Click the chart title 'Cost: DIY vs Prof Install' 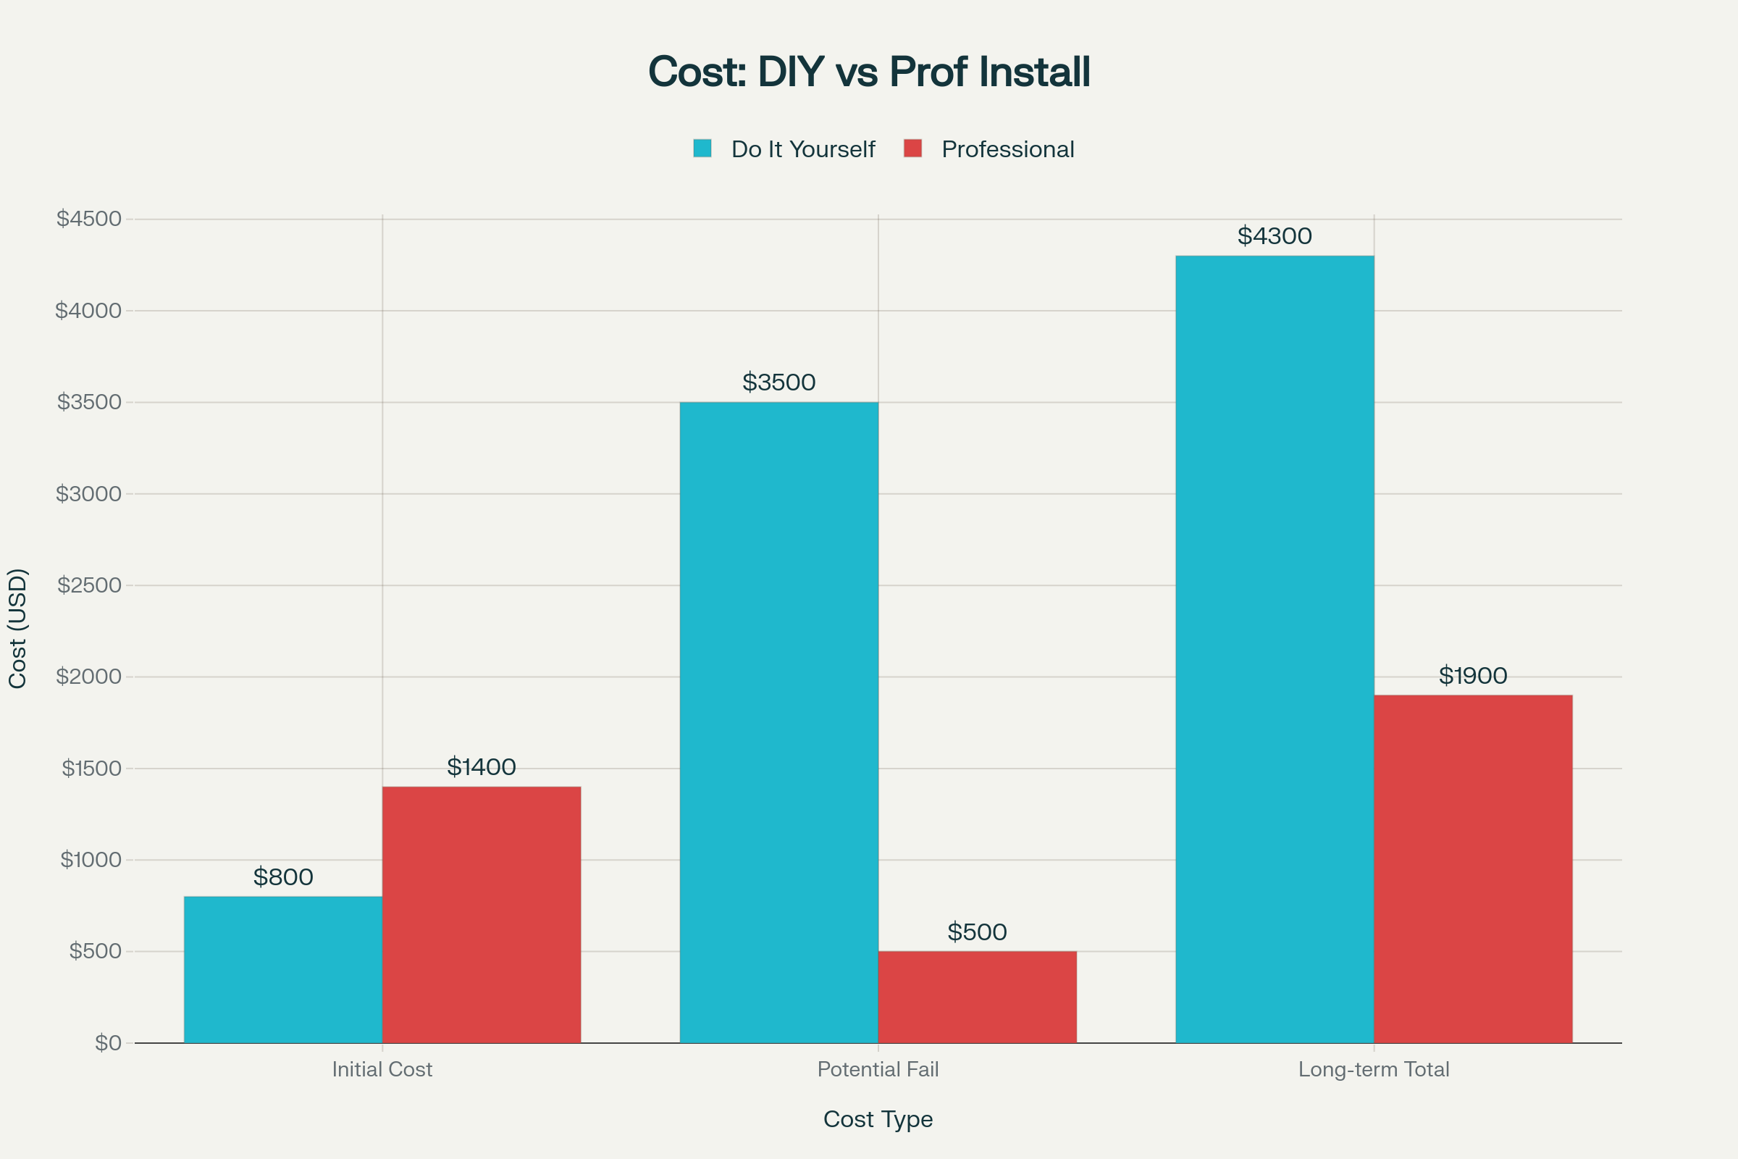coord(869,72)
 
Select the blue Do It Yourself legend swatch coord(702,148)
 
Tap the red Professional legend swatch coord(912,148)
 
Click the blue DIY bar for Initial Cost coord(283,969)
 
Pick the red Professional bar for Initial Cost coord(481,914)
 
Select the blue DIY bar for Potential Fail coord(779,722)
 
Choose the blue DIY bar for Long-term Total coord(1275,649)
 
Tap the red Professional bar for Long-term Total coord(1473,869)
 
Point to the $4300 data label coord(1275,236)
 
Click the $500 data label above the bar coord(977,932)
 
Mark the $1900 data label coord(1473,676)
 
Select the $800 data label coord(283,877)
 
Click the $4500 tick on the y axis coord(88,219)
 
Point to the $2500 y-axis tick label coord(88,585)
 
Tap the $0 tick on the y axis coord(108,1043)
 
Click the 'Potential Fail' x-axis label coord(878,1070)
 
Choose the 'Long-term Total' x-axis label coord(1374,1070)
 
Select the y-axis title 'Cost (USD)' coord(17,628)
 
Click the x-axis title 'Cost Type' coord(878,1119)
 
